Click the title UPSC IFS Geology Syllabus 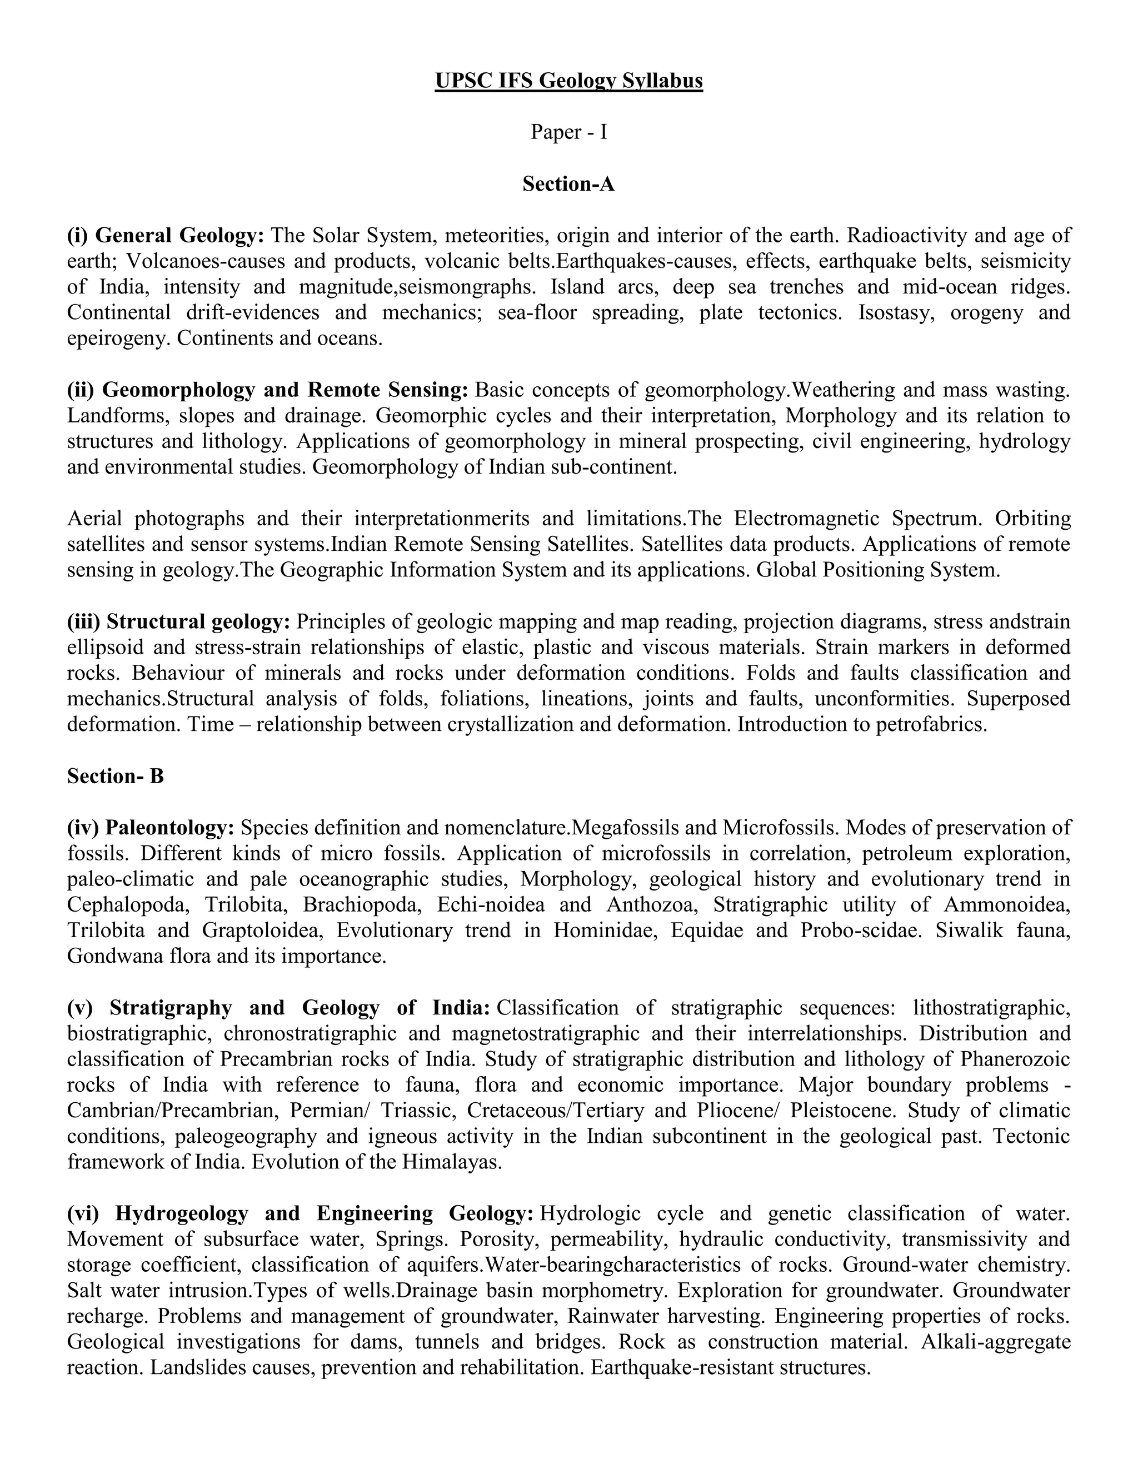pyautogui.click(x=568, y=81)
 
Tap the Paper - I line pyautogui.click(x=568, y=132)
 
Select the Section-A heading pyautogui.click(x=568, y=183)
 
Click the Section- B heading pyautogui.click(x=115, y=777)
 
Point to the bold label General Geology pyautogui.click(x=179, y=235)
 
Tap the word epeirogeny pyautogui.click(x=117, y=338)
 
